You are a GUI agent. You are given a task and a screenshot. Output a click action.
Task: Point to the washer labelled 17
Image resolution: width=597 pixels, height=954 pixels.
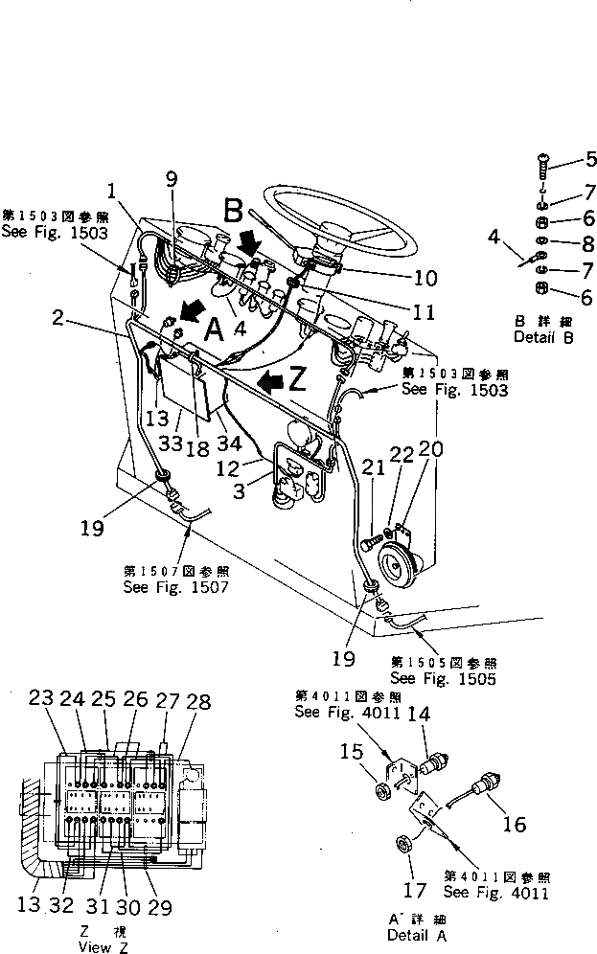[404, 844]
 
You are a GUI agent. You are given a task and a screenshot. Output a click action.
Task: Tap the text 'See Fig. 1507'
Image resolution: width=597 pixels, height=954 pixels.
[175, 586]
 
